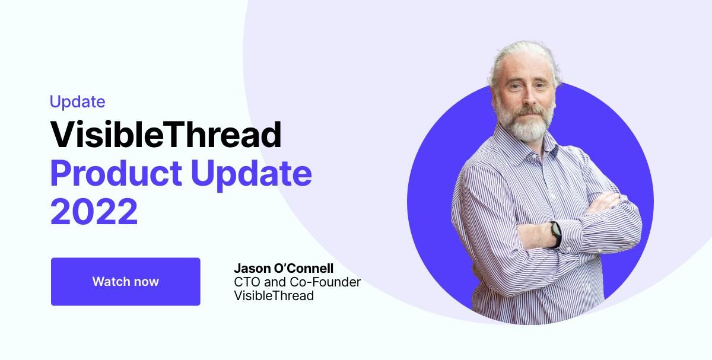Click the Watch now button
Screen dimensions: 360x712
pos(125,282)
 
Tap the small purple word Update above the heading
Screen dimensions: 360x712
pos(77,102)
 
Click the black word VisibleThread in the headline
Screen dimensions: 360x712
pos(166,135)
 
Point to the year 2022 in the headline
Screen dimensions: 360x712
pos(94,212)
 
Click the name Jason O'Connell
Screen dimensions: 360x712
pos(284,269)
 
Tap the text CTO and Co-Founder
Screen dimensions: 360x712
pos(297,282)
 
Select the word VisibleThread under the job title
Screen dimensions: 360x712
pos(274,295)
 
